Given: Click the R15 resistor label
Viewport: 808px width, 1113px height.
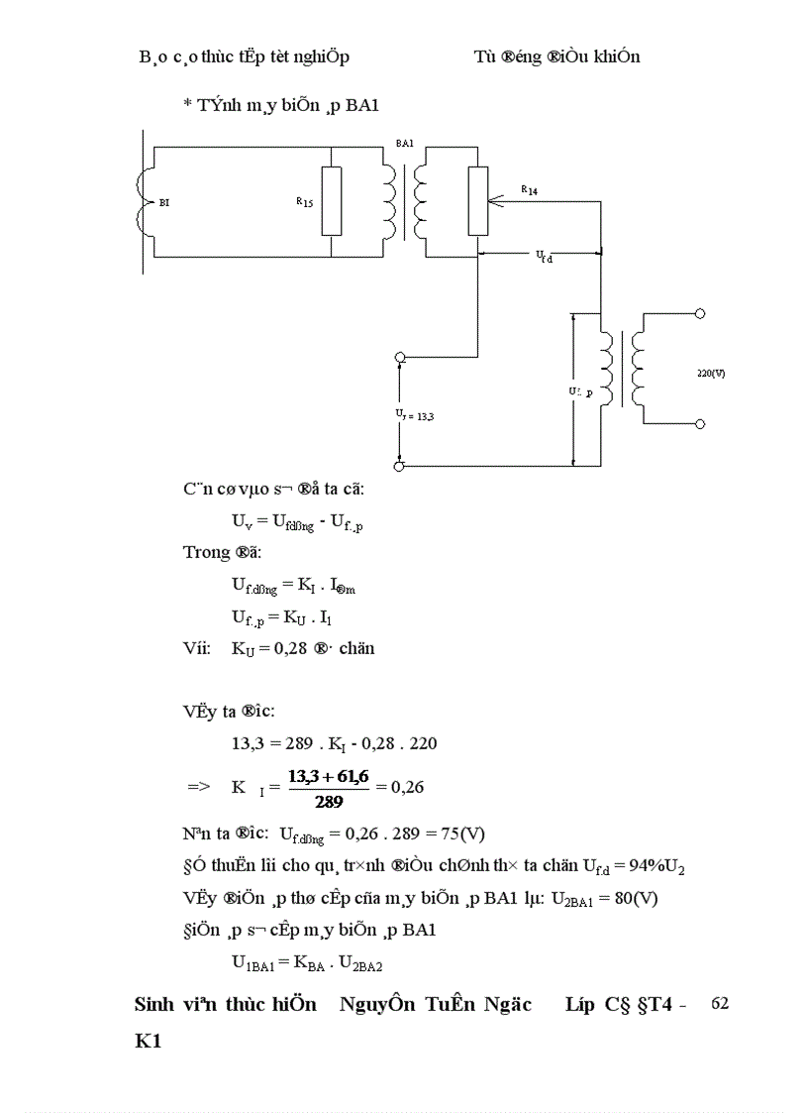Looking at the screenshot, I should coord(304,202).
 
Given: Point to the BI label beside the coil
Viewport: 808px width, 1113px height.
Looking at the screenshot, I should coord(164,202).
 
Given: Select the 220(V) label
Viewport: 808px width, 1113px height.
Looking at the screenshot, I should coord(711,374).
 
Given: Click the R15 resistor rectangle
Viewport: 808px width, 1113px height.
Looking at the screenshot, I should coord(333,201).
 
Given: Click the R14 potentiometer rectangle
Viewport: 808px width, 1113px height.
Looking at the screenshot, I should coord(478,201).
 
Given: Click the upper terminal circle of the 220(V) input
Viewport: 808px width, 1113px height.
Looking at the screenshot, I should coord(700,313).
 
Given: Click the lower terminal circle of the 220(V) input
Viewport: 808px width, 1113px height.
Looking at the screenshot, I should coord(700,424).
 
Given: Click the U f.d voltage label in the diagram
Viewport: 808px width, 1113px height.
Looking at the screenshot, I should coord(545,257).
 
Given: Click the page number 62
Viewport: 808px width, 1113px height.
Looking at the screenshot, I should coord(720,1003).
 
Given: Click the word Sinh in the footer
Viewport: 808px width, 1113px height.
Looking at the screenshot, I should coord(155,1004).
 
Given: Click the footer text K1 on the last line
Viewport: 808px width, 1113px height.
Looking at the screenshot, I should coord(148,1043).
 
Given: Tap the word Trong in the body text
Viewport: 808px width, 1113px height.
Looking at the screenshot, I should coord(206,552).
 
